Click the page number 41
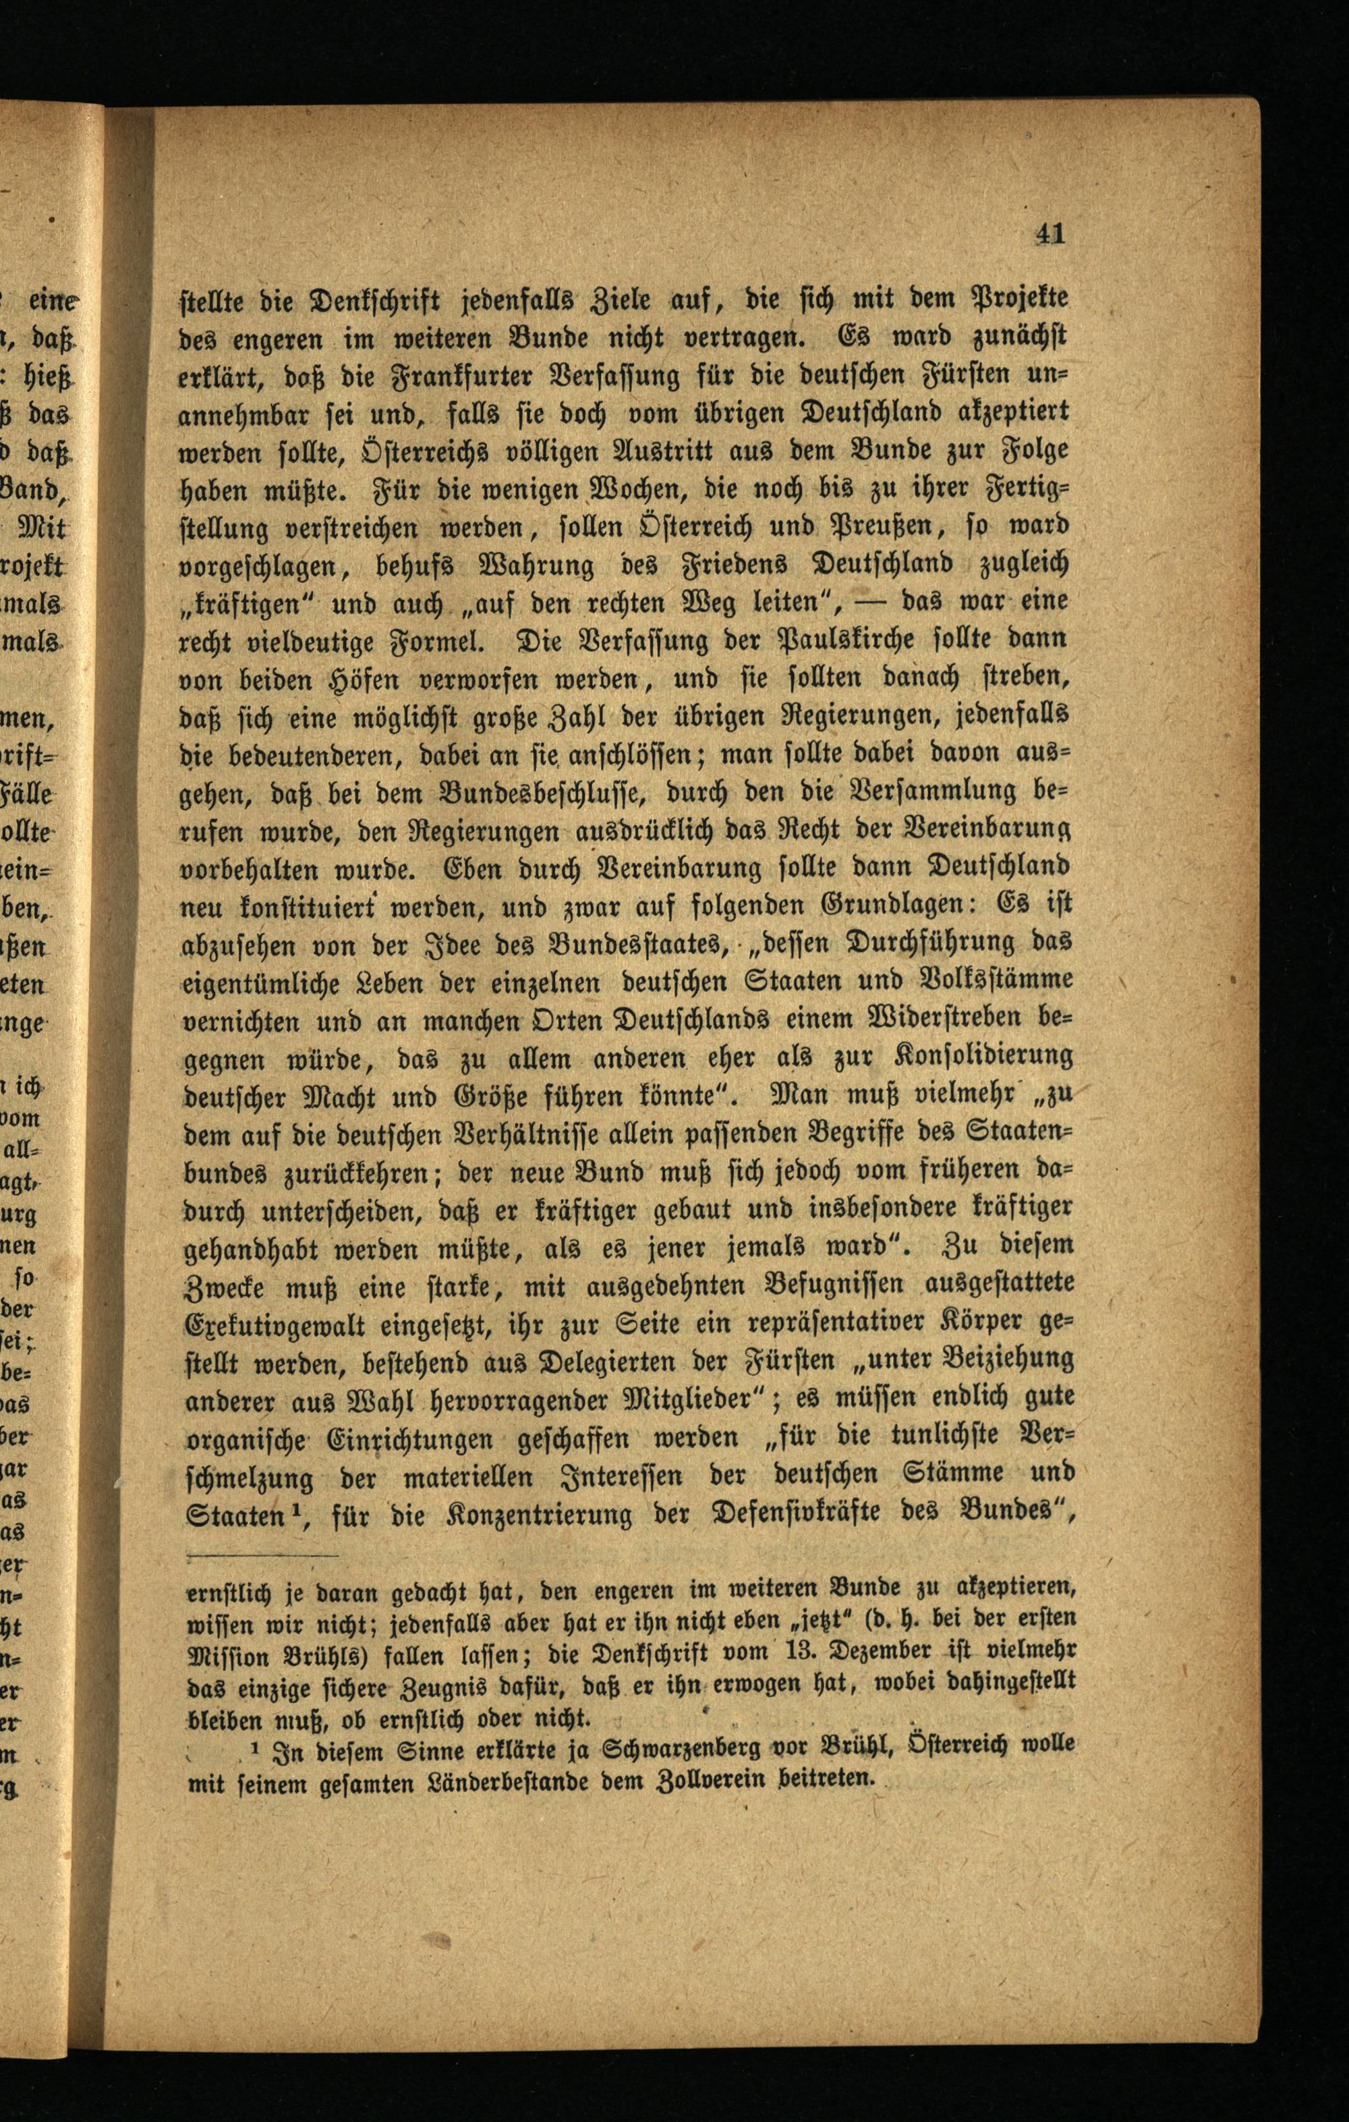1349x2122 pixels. (1050, 233)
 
